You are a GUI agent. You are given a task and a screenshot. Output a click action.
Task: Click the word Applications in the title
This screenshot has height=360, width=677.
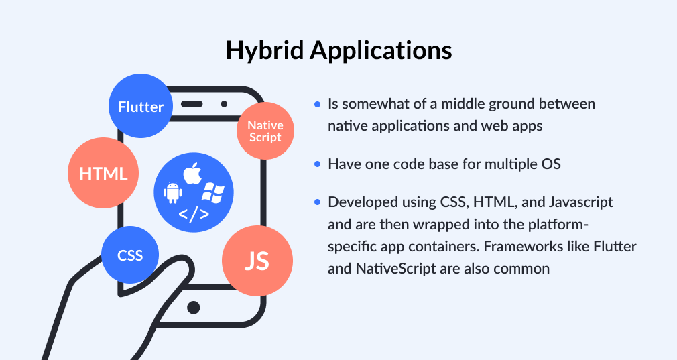click(x=375, y=50)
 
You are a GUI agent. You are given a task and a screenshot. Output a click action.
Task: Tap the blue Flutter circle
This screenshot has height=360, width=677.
click(x=141, y=107)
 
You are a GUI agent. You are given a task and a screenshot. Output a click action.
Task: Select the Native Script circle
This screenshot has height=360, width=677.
click(x=265, y=131)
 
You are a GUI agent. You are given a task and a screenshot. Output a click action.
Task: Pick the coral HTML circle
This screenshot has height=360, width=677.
click(x=103, y=174)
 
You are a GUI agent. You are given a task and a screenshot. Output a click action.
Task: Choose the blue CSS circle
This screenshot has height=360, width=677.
click(x=131, y=255)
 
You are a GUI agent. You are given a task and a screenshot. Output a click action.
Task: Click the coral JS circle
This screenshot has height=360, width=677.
click(x=257, y=261)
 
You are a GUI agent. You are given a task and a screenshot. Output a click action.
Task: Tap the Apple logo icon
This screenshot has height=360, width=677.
click(x=193, y=172)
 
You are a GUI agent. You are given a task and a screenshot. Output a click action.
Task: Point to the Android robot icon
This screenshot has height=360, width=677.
click(x=173, y=192)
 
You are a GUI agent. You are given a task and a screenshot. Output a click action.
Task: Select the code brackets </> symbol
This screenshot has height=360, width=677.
click(x=193, y=215)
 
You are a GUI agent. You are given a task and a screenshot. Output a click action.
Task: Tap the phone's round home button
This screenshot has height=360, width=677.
click(x=193, y=307)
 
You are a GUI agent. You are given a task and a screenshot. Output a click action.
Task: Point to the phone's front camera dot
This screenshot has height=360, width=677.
click(x=223, y=104)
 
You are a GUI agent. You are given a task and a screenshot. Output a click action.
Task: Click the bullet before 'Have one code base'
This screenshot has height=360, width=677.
click(x=317, y=164)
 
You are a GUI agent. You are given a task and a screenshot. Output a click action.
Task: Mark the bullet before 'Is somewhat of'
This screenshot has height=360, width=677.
click(x=317, y=105)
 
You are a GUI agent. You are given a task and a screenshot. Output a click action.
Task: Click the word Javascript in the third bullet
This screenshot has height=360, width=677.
click(x=580, y=202)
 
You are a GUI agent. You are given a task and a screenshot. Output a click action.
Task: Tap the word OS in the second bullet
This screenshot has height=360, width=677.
click(x=551, y=164)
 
